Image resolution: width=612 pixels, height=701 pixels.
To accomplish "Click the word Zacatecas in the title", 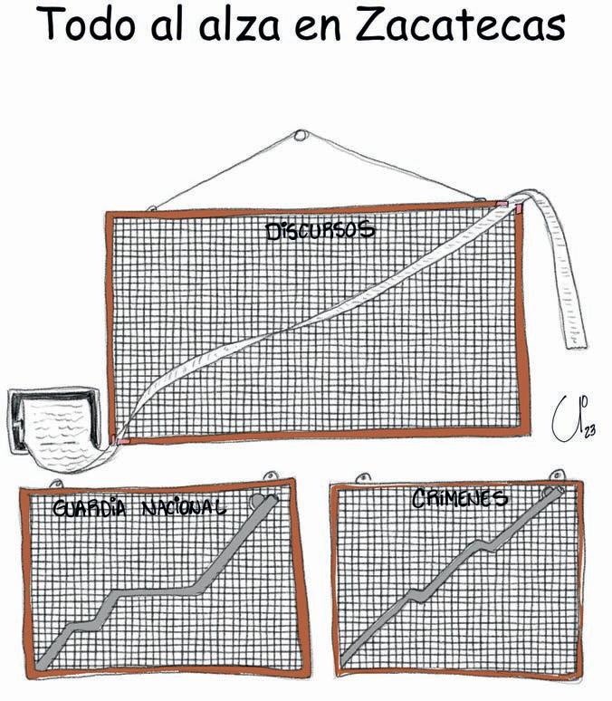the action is pyautogui.click(x=460, y=28).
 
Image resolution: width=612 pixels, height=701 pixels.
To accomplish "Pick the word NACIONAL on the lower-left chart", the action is pyautogui.click(x=183, y=508).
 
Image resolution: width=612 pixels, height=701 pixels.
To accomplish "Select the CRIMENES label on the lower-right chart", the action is pyautogui.click(x=460, y=498).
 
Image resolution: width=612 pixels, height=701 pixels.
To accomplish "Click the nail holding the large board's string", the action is pyautogui.click(x=301, y=136).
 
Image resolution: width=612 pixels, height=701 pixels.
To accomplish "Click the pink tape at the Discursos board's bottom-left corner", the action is pyautogui.click(x=120, y=441).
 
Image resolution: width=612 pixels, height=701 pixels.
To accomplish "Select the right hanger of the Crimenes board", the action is pyautogui.click(x=559, y=475).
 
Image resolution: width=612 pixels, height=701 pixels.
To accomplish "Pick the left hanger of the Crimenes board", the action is pyautogui.click(x=364, y=476).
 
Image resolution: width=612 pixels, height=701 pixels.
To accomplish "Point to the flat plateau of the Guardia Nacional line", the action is pyautogui.click(x=158, y=592).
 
